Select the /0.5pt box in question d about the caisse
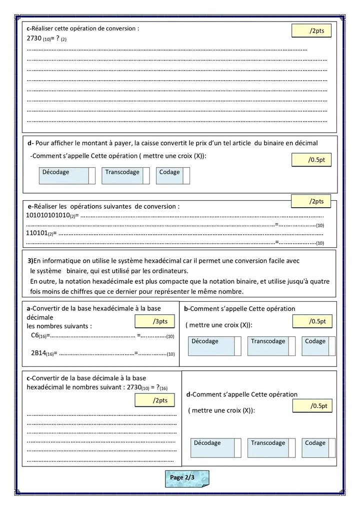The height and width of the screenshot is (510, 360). click(x=311, y=160)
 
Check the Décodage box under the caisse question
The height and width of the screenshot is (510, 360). click(x=66, y=176)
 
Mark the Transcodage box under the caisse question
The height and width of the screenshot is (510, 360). click(x=125, y=176)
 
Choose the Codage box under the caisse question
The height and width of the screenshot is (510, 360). click(x=173, y=176)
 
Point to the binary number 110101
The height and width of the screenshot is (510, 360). click(x=36, y=233)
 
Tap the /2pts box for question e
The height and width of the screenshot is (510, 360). click(x=313, y=202)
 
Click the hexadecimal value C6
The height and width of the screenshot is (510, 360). click(x=35, y=336)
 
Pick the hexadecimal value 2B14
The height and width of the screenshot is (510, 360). click(x=38, y=353)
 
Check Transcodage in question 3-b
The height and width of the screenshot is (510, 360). click(x=272, y=345)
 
